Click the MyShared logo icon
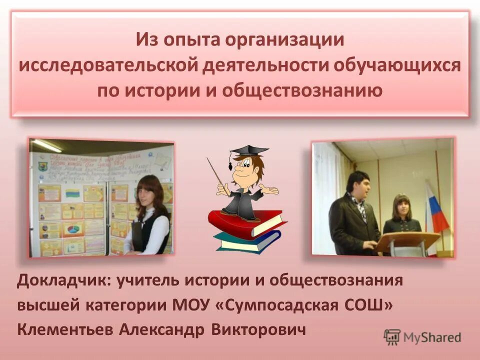pyautogui.click(x=392, y=336)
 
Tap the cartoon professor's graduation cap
pyautogui.click(x=247, y=151)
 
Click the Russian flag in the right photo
pyautogui.click(x=436, y=210)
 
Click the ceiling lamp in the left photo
pyautogui.click(x=46, y=145)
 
